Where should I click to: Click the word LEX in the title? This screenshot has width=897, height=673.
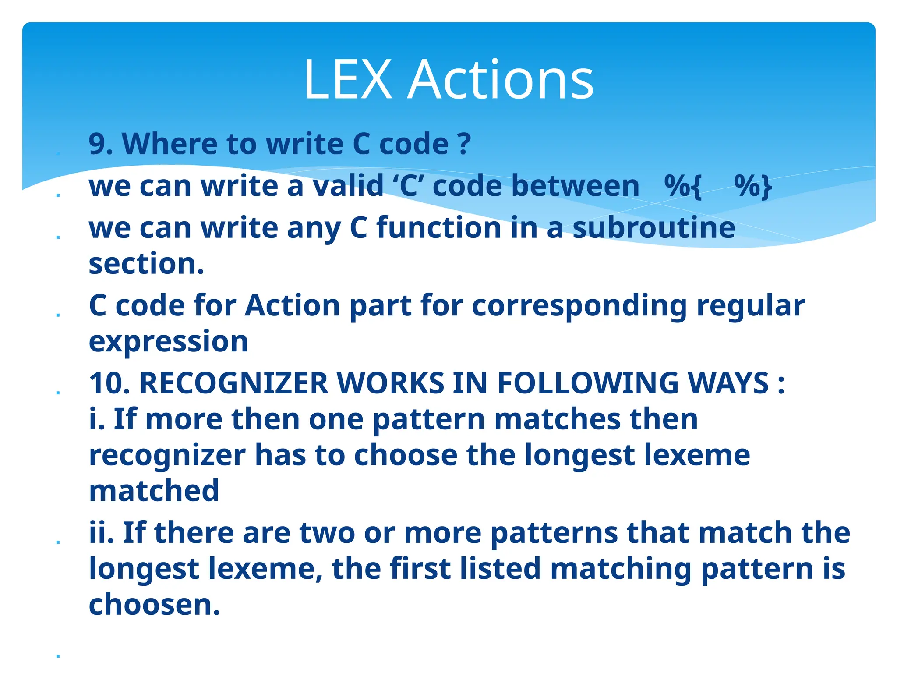(348, 80)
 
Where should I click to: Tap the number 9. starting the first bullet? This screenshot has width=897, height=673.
(101, 144)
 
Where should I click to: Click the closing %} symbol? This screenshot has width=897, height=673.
(753, 187)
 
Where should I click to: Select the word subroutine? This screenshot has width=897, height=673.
(653, 228)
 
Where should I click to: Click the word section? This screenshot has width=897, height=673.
(146, 264)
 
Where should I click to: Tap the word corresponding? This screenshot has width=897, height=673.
(579, 305)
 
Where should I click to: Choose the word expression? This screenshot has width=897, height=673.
(168, 342)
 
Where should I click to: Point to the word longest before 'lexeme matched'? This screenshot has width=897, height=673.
(579, 456)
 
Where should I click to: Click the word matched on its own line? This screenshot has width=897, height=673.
(154, 491)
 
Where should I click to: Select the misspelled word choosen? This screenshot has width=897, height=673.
(154, 604)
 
